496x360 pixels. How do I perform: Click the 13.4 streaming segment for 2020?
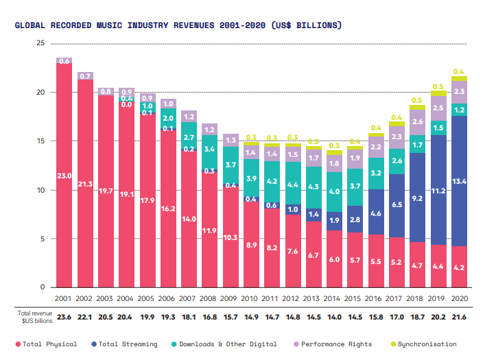point(459,181)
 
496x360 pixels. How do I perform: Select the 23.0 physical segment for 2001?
point(64,176)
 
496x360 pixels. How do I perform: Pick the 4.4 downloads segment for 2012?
point(293,184)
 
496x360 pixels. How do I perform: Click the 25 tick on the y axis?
point(40,43)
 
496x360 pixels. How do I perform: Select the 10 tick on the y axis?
point(40,190)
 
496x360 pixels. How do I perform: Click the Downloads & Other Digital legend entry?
point(231,344)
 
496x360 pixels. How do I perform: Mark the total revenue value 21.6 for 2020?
point(459,317)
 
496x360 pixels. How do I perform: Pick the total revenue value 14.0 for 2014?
point(334,317)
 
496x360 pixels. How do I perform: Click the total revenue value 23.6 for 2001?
point(64,317)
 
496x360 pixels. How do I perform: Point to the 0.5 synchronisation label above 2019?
point(438,86)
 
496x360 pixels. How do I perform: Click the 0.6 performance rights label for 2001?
point(64,61)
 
